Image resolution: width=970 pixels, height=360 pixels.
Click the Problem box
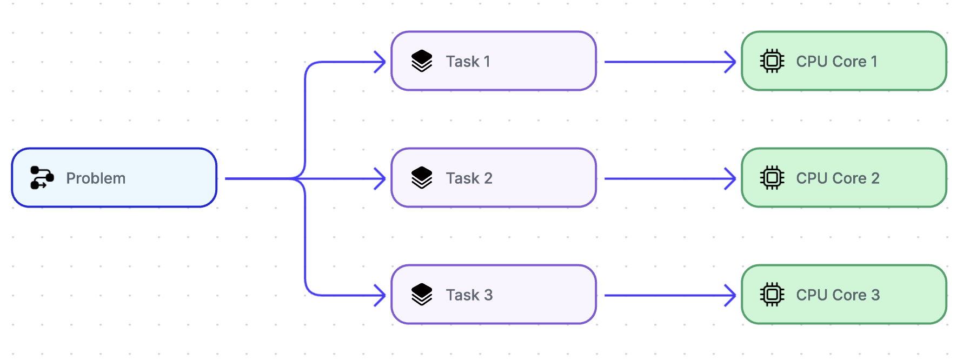coord(114,178)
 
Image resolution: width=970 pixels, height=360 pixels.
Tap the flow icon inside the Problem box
coord(42,178)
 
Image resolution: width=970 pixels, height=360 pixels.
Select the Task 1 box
coord(493,61)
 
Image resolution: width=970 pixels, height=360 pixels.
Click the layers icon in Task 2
coord(422,178)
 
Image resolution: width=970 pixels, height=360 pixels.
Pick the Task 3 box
coord(493,295)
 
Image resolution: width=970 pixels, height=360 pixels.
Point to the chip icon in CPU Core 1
coord(772,61)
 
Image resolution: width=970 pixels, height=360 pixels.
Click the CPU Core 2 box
coord(843,178)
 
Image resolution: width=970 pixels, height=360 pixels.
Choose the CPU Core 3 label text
coord(838,295)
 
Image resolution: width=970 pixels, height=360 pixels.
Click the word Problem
coord(96,178)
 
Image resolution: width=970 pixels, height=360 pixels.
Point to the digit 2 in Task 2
coord(488,178)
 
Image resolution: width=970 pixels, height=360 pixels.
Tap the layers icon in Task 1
coord(422,61)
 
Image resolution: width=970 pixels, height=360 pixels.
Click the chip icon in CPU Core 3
coord(772,295)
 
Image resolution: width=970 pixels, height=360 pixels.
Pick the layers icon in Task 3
coord(422,295)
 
